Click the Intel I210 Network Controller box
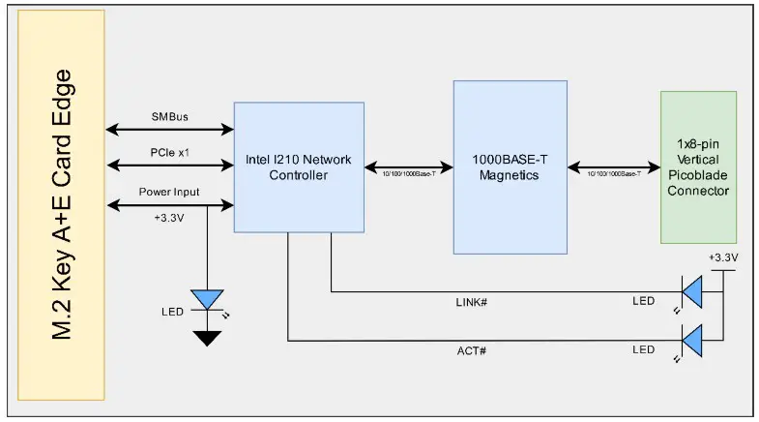click(x=299, y=166)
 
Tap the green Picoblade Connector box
click(x=698, y=166)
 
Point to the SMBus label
click(x=169, y=117)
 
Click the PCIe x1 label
click(x=169, y=154)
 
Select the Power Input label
click(x=169, y=192)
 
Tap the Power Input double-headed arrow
click(x=169, y=204)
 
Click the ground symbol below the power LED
click(x=207, y=338)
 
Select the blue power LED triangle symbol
click(x=207, y=299)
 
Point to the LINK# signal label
click(x=470, y=302)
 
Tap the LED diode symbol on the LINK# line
click(x=692, y=290)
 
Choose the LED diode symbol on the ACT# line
click(x=692, y=340)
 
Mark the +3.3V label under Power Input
click(x=169, y=218)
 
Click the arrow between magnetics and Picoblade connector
click(x=613, y=166)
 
